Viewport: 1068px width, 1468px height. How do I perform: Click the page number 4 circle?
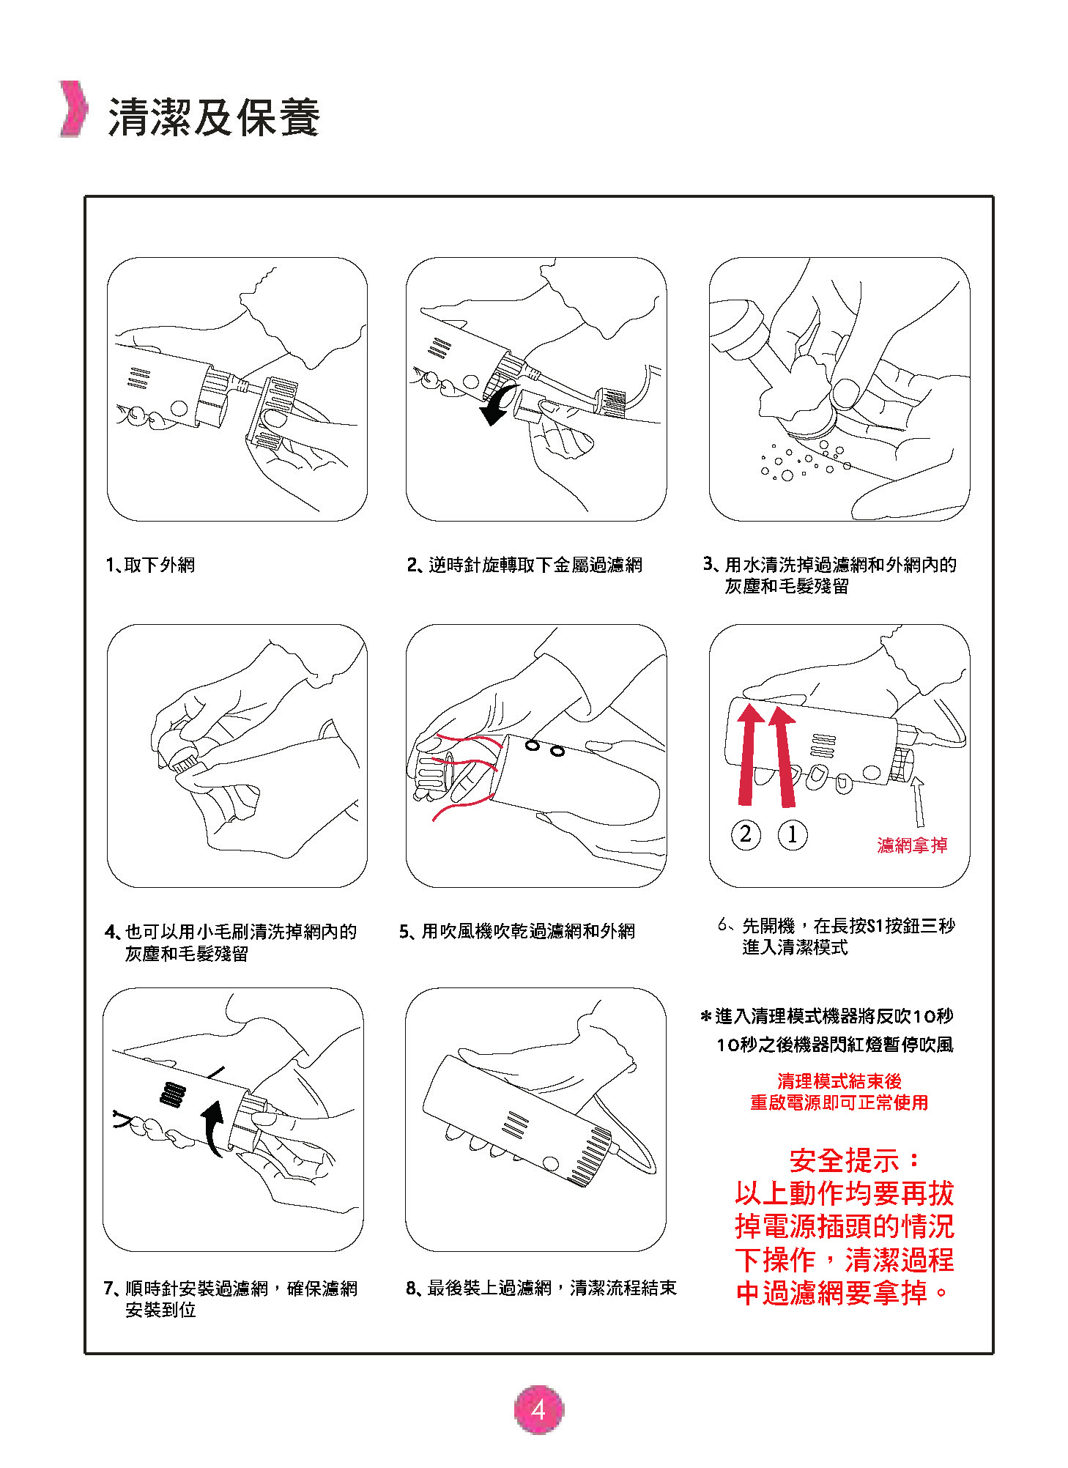539,1409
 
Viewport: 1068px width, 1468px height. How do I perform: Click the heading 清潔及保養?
214,117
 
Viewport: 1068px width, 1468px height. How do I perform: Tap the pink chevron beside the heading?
73,108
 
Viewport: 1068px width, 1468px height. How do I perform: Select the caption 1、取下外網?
150,565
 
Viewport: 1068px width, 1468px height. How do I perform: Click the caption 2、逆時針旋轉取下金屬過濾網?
524,565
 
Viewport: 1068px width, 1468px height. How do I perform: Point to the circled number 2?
746,834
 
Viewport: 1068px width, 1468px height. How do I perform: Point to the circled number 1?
792,834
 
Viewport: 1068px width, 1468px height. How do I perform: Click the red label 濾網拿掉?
912,845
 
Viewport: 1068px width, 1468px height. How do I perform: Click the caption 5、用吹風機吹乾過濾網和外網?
517,931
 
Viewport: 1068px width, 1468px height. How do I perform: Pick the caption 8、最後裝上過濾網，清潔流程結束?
541,1288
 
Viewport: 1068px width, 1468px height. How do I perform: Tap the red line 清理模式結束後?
839,1080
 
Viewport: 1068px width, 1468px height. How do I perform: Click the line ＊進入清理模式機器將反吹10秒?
827,1016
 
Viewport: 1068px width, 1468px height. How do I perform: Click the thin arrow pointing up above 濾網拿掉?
918,802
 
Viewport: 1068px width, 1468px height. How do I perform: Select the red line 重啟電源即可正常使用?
839,1102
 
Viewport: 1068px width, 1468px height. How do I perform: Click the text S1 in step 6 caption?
875,926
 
